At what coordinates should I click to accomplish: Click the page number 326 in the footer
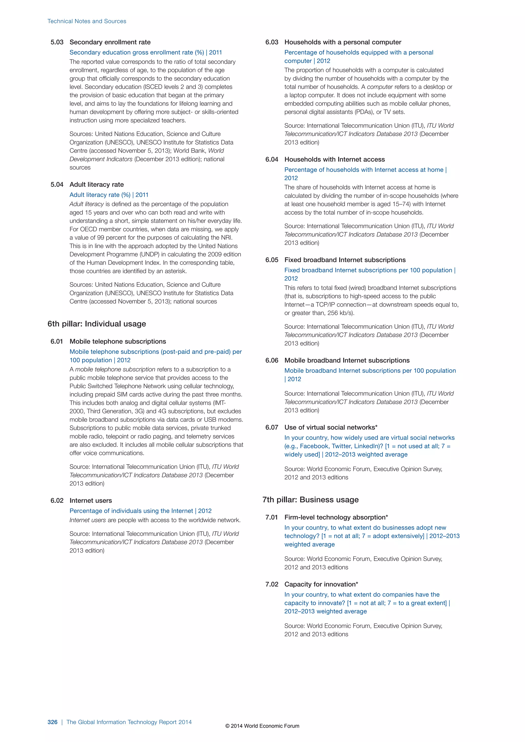pyautogui.click(x=52, y=722)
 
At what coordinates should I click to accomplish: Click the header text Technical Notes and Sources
pyautogui.click(x=87, y=21)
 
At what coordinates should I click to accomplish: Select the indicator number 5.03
pyautogui.click(x=57, y=42)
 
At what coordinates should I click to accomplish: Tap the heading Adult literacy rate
pyautogui.click(x=97, y=184)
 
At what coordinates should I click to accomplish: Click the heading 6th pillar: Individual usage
pyautogui.click(x=97, y=324)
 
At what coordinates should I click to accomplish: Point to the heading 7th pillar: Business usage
pyautogui.click(x=310, y=500)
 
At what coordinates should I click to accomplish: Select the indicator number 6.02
pyautogui.click(x=57, y=501)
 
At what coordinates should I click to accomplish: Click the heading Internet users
pyautogui.click(x=90, y=501)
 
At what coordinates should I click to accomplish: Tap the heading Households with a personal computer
pyautogui.click(x=343, y=42)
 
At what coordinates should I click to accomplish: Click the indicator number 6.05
pyautogui.click(x=271, y=260)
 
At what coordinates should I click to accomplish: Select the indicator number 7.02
pyautogui.click(x=271, y=584)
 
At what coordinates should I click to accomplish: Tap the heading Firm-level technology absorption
pyautogui.click(x=336, y=517)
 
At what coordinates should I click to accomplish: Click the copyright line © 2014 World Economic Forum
pyautogui.click(x=262, y=726)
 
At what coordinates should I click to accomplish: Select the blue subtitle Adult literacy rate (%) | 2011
pyautogui.click(x=109, y=195)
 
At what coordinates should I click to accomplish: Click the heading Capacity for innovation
pyautogui.click(x=321, y=584)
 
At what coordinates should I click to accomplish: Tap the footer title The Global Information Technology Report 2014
pyautogui.click(x=129, y=722)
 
